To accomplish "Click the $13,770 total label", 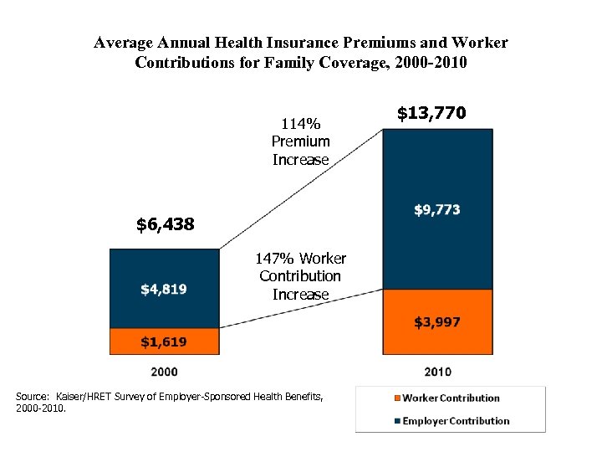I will [431, 113].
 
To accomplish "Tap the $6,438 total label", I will [165, 224].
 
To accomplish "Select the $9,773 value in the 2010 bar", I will [436, 210].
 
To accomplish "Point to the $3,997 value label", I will [436, 322].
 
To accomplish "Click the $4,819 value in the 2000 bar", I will [164, 290].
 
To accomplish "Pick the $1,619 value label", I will [164, 342].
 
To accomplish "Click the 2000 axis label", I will [164, 371].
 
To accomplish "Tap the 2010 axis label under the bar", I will [437, 371].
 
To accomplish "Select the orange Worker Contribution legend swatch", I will [395, 398].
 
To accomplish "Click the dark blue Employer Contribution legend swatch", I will [395, 421].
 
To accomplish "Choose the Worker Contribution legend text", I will [451, 398].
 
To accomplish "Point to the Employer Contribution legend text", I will [456, 421].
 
